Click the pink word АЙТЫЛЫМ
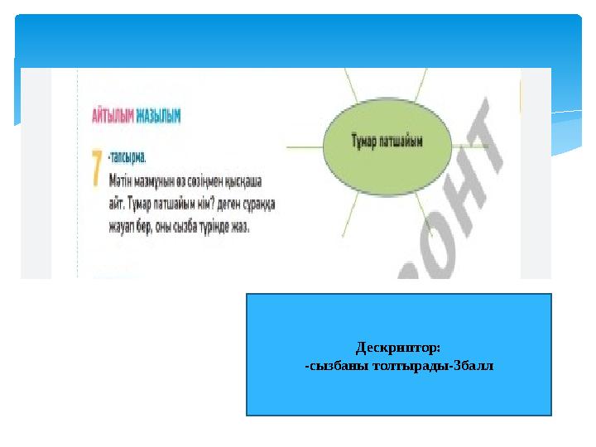(x=112, y=118)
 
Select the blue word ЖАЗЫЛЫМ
(x=157, y=118)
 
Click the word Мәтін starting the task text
(x=122, y=177)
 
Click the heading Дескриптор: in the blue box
(x=398, y=348)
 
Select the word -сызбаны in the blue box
(x=334, y=365)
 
